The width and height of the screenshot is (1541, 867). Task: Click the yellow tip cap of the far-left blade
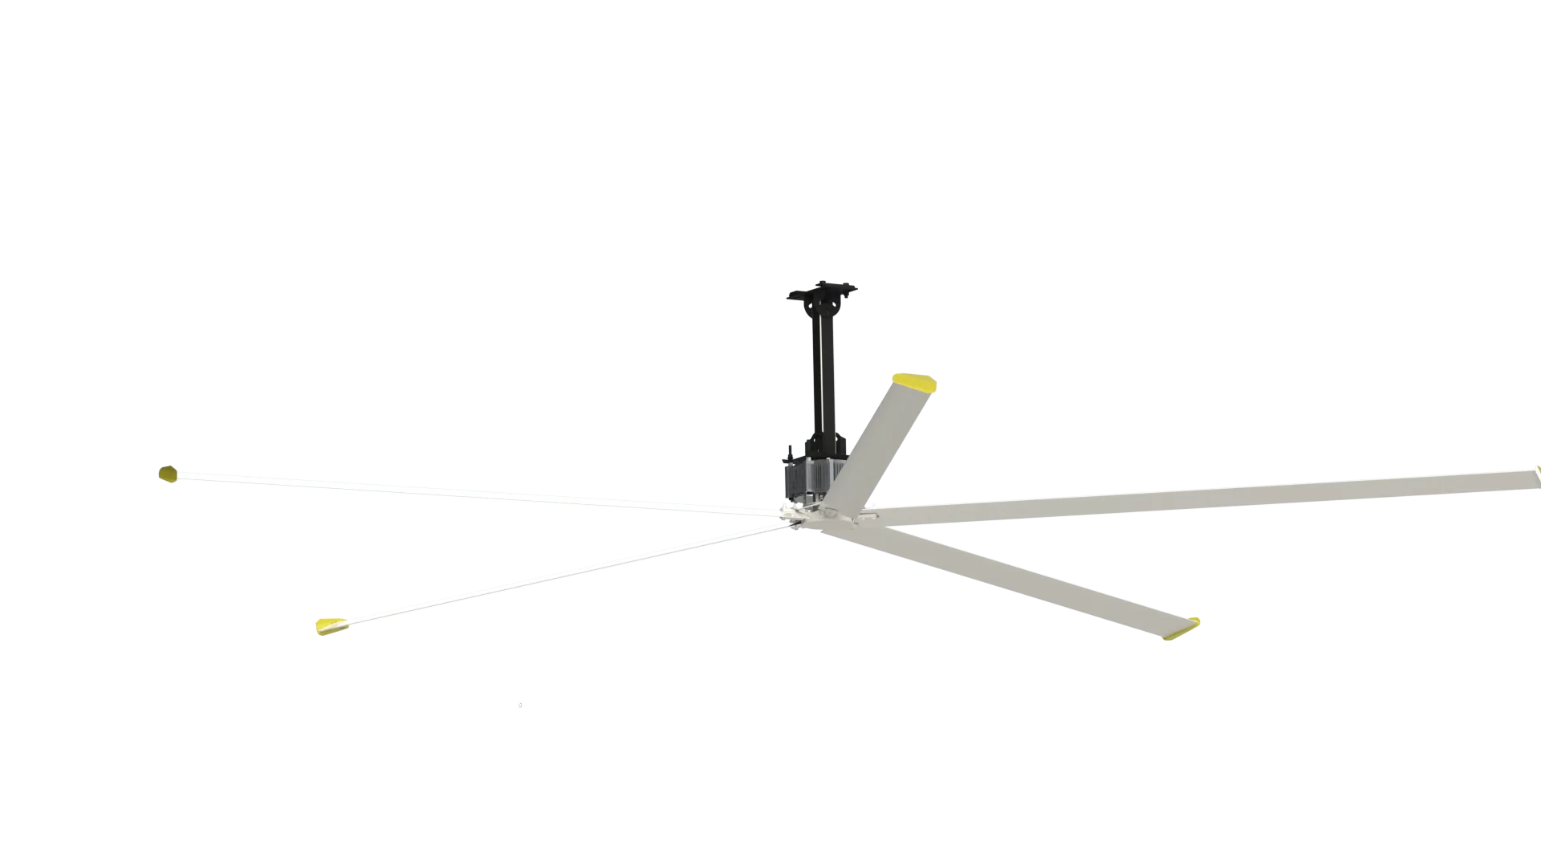(x=167, y=474)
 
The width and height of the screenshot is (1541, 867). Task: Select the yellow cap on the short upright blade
(x=914, y=381)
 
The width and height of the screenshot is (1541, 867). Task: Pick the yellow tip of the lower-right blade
(x=1181, y=630)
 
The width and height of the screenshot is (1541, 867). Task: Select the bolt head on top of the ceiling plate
(x=822, y=282)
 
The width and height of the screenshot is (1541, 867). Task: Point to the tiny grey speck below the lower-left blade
(x=520, y=706)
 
